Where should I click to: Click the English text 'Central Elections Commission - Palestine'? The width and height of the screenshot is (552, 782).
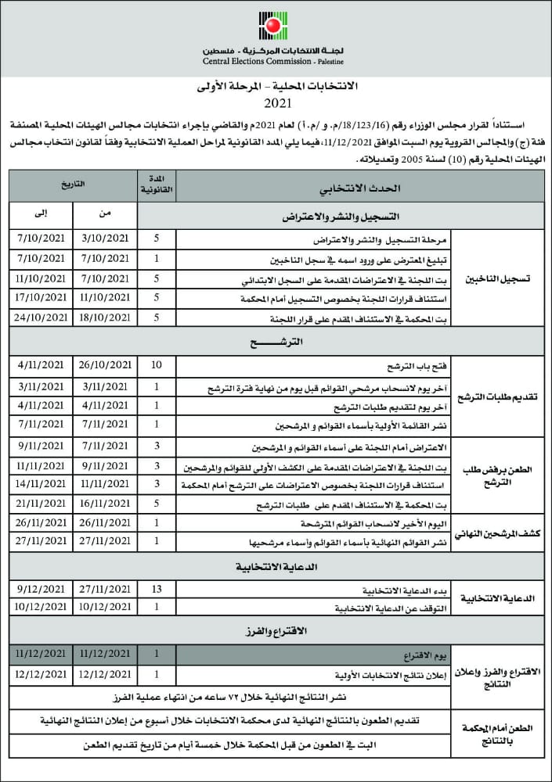pos(272,60)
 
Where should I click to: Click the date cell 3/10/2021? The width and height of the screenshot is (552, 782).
pos(105,236)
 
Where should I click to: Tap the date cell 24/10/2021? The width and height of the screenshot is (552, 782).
pos(41,317)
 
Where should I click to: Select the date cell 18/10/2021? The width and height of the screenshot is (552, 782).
pos(105,317)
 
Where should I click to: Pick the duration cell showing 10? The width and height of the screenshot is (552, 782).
pos(157,365)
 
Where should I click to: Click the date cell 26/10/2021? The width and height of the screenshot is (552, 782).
pos(105,365)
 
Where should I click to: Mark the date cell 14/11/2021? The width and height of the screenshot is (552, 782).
pos(41,486)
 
